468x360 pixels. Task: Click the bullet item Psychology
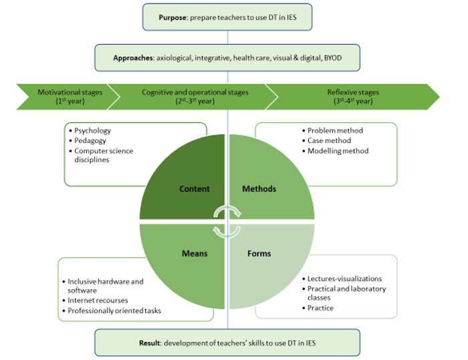(93, 131)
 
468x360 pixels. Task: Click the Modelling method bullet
(338, 151)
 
